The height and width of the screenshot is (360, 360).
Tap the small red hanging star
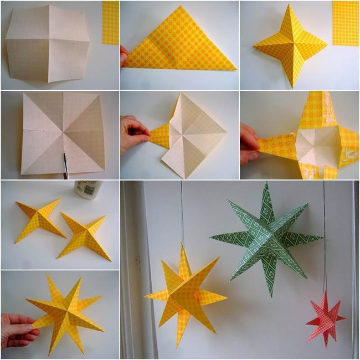point(325,317)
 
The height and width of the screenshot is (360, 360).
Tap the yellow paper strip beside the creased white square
point(110,22)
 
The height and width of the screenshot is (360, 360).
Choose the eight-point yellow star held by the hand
point(66,313)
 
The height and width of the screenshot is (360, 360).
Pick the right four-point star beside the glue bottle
point(83,235)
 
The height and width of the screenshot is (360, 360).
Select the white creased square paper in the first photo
point(47,44)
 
